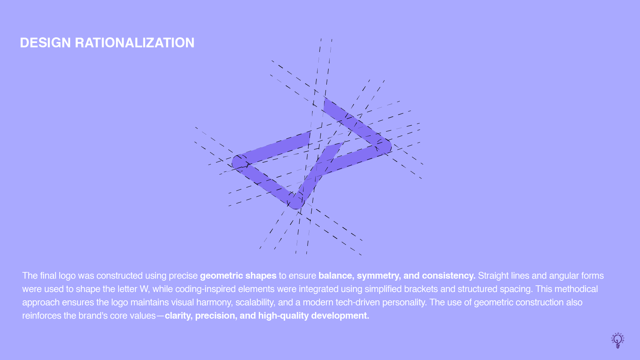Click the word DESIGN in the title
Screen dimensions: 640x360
[x=45, y=43]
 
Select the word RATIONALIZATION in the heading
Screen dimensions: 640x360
[x=135, y=43]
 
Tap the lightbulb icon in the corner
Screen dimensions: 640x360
[x=618, y=340]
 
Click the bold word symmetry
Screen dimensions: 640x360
[x=379, y=276]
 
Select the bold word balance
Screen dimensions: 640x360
[x=336, y=276]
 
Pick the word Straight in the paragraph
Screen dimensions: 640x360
[x=491, y=276]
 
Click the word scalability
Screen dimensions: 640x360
[x=255, y=303]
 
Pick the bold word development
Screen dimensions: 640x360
[x=340, y=316]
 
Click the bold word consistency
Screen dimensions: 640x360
[x=449, y=276]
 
